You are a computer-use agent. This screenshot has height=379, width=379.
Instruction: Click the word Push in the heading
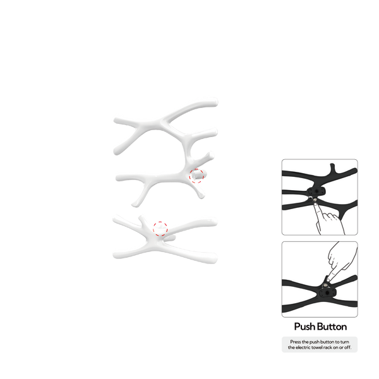(x=304, y=327)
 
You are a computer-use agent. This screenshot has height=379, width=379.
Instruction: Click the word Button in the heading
(x=332, y=327)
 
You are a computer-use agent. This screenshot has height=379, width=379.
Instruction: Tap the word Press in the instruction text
(x=296, y=342)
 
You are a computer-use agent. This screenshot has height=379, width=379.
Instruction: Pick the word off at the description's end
(x=348, y=347)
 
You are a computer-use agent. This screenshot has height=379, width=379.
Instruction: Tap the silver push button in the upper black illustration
(x=315, y=200)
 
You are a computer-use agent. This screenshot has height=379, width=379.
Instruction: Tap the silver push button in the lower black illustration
(x=326, y=286)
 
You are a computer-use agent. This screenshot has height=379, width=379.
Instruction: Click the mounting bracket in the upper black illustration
(x=316, y=191)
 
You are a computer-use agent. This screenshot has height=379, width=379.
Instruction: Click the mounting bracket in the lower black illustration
(x=327, y=292)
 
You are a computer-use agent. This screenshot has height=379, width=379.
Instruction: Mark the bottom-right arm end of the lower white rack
(x=214, y=258)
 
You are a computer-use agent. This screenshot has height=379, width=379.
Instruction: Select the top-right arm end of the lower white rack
(x=215, y=222)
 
